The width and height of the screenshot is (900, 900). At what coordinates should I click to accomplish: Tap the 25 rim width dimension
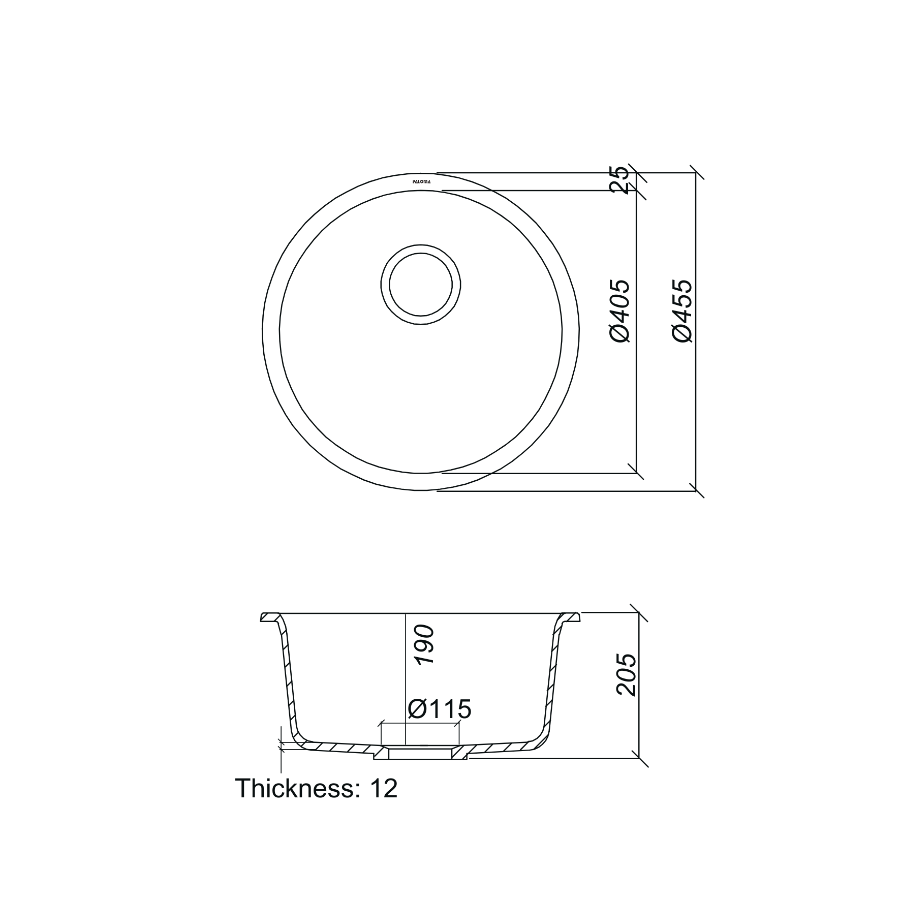(621, 180)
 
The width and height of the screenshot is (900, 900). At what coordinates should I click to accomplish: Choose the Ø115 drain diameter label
(439, 709)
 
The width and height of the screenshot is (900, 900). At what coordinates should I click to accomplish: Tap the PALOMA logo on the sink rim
(421, 181)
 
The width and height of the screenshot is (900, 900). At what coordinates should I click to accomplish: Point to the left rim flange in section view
(270, 617)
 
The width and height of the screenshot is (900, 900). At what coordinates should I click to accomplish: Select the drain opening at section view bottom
(420, 754)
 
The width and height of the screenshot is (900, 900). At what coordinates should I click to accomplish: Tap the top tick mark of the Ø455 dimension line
(696, 173)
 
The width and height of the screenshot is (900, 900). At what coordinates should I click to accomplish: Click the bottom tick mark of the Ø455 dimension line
(696, 491)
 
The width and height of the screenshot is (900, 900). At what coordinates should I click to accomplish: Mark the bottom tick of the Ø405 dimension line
(636, 473)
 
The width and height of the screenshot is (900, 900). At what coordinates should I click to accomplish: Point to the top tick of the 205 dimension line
(639, 613)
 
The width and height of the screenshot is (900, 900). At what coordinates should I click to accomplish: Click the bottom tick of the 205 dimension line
(639, 759)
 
